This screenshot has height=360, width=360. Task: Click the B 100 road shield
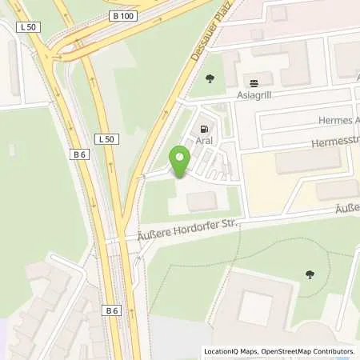[124, 16]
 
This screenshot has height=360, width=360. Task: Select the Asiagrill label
[255, 95]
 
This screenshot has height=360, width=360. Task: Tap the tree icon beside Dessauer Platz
[210, 78]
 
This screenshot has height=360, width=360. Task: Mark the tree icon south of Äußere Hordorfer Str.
[310, 274]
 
